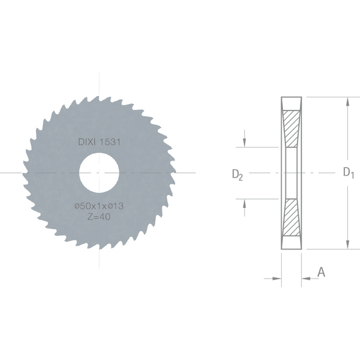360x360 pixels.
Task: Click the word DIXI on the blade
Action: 87,142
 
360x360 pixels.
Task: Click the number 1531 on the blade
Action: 110,142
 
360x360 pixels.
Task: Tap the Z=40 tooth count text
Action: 99,217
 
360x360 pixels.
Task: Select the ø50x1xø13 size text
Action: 99,206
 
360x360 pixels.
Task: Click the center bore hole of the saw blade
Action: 99,172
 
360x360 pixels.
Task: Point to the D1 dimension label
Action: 348,172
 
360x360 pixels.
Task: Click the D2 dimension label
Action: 237,175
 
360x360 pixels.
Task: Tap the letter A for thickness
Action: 321,272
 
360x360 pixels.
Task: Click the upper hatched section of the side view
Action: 292,129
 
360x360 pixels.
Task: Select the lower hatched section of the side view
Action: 292,217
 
